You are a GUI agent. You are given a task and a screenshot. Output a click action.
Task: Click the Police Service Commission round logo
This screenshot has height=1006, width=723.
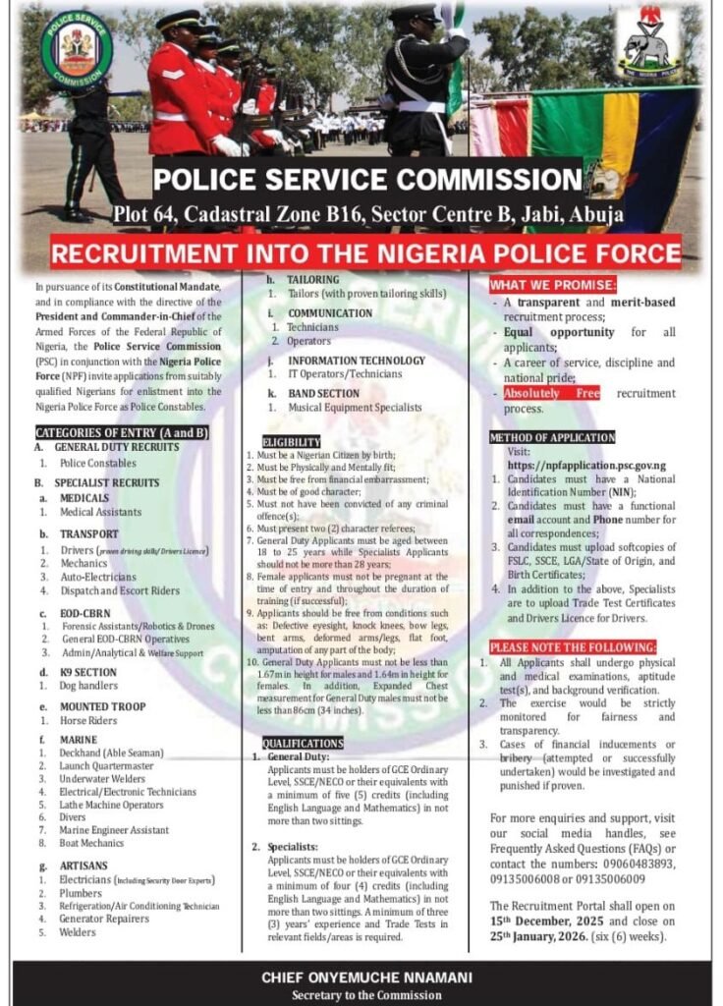pyautogui.click(x=77, y=50)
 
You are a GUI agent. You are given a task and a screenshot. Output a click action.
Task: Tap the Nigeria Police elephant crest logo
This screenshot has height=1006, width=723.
pyautogui.click(x=648, y=43)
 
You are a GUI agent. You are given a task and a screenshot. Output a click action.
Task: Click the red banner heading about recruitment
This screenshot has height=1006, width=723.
pyautogui.click(x=365, y=251)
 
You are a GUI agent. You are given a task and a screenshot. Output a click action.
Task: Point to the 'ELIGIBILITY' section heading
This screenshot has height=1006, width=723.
pyautogui.click(x=292, y=442)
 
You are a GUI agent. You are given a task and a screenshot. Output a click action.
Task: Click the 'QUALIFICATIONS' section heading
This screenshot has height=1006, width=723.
pyautogui.click(x=303, y=743)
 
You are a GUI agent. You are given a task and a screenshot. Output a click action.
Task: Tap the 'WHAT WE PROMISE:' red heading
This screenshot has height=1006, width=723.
pyautogui.click(x=553, y=285)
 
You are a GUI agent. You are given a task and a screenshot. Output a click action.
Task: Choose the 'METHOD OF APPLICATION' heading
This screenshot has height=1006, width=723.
pyautogui.click(x=552, y=437)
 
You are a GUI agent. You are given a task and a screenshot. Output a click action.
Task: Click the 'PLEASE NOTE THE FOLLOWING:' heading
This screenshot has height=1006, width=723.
pyautogui.click(x=573, y=647)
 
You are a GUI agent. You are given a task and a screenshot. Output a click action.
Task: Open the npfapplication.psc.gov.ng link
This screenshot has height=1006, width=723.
pyautogui.click(x=586, y=465)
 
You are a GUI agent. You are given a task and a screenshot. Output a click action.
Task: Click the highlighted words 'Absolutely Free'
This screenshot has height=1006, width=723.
pyautogui.click(x=551, y=394)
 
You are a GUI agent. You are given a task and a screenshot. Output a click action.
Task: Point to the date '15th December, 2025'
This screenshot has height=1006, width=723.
pyautogui.click(x=549, y=922)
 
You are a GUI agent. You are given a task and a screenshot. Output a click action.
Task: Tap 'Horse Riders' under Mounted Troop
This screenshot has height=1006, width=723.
pyautogui.click(x=87, y=721)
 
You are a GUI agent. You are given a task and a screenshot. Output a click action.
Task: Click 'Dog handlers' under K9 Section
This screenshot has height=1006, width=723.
pyautogui.click(x=88, y=686)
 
